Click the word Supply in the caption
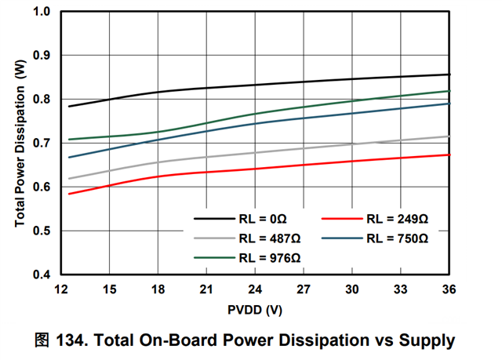click(x=427, y=340)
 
